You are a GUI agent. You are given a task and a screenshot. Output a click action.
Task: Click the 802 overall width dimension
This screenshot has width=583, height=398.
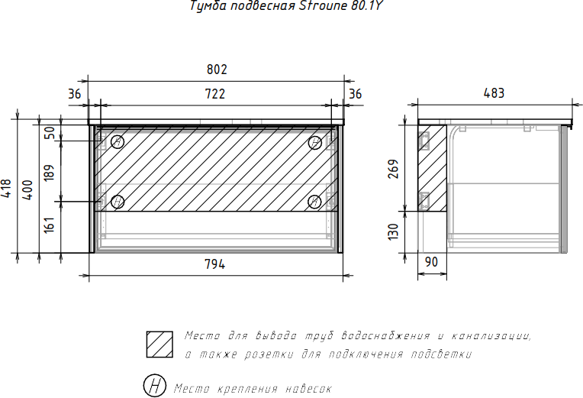(x=217, y=70)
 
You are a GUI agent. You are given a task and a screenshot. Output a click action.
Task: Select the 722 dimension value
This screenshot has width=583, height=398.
(x=215, y=93)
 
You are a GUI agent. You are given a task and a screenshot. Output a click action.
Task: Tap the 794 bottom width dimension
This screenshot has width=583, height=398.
(x=215, y=264)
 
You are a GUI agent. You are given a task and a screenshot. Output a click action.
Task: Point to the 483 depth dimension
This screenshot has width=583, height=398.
(x=494, y=93)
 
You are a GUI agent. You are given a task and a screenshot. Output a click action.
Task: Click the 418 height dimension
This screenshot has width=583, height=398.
(x=7, y=189)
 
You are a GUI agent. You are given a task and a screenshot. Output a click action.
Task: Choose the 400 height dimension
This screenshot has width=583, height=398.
(x=28, y=189)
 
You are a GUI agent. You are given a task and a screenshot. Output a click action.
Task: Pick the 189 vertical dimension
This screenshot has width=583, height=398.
(x=49, y=173)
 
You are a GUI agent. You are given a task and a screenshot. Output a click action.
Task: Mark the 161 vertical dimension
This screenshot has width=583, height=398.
(x=49, y=225)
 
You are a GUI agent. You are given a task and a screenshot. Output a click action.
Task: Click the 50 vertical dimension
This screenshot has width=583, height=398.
(x=49, y=133)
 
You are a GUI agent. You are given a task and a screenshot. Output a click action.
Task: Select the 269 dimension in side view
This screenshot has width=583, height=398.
(x=393, y=169)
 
